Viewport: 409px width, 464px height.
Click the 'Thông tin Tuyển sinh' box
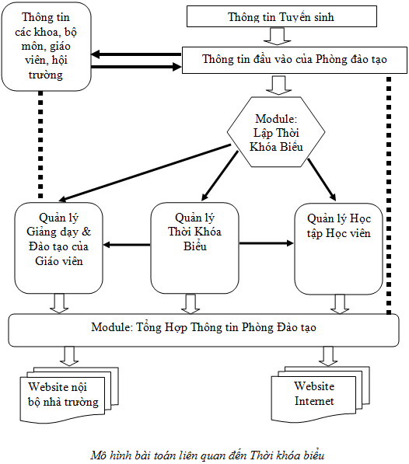pos(281,16)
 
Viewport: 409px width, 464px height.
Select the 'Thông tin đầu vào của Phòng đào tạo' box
pos(295,60)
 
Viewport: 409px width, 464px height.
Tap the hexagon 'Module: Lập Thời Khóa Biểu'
pos(276,132)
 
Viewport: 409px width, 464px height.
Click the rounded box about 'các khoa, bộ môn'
pos(46,47)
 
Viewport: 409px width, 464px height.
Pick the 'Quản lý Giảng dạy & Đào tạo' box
pos(58,248)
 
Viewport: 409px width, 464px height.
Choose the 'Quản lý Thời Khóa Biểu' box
pos(194,248)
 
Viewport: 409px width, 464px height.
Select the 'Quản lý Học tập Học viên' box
pos(338,249)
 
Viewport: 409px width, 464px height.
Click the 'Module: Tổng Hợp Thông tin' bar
pos(204,330)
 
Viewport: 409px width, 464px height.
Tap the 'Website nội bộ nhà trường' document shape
pos(69,395)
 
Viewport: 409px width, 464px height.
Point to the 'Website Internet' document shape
pos(320,394)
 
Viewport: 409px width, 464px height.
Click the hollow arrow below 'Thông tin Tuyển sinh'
pos(278,36)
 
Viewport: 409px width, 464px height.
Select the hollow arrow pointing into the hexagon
pos(278,85)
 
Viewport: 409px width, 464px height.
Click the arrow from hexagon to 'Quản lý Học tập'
pos(322,180)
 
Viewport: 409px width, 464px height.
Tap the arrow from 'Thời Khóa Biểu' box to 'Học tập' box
pos(267,243)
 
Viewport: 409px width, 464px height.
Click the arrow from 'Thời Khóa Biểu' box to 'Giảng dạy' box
pos(127,245)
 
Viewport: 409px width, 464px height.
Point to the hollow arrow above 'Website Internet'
pos(328,356)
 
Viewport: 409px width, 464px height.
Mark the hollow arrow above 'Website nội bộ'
pos(69,356)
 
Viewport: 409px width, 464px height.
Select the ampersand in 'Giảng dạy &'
pos(86,232)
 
